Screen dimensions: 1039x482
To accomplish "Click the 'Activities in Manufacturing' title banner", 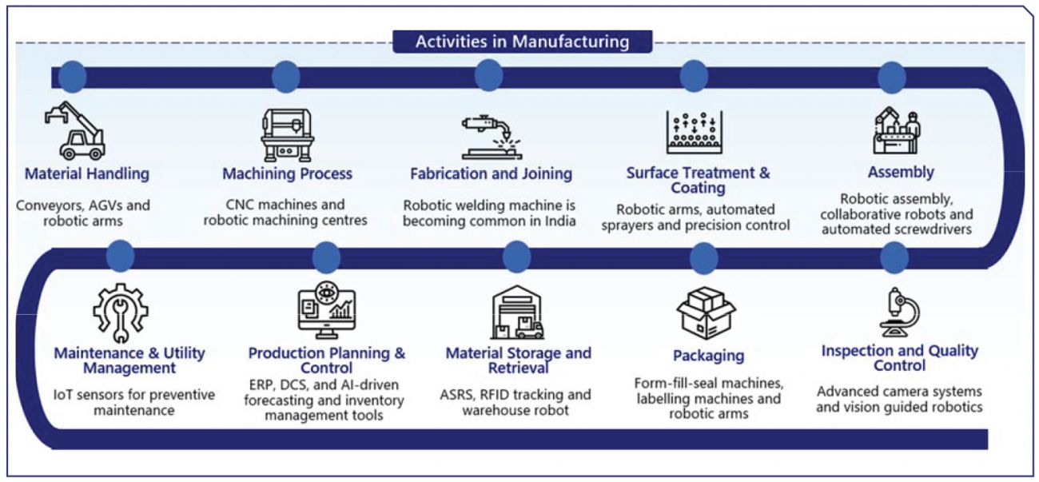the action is click(522, 42).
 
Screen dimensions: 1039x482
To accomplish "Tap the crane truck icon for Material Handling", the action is click(75, 131).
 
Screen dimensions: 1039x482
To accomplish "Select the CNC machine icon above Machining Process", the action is click(288, 134).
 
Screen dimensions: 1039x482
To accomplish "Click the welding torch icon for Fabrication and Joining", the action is click(491, 137).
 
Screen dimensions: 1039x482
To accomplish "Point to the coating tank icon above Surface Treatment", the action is click(695, 132).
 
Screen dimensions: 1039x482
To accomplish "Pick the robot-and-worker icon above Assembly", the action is click(897, 130).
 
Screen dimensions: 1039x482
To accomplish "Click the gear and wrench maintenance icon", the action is click(121, 313).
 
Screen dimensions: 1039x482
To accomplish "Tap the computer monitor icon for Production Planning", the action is click(327, 310).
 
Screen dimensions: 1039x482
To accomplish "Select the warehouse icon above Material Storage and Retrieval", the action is click(517, 313).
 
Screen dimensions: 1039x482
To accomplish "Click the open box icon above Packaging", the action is click(706, 313).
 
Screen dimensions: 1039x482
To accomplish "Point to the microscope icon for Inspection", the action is click(900, 313).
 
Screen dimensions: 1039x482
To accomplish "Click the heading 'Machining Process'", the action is click(287, 173).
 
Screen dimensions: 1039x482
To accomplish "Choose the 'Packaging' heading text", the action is click(709, 356).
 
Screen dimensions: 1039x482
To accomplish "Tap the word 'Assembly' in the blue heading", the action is click(901, 172).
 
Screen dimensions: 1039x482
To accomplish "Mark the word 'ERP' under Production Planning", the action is click(261, 384).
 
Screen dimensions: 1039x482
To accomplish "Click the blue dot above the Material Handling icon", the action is click(73, 77).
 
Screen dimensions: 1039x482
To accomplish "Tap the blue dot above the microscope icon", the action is click(894, 258).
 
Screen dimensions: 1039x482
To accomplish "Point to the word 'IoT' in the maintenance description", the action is click(62, 395).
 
